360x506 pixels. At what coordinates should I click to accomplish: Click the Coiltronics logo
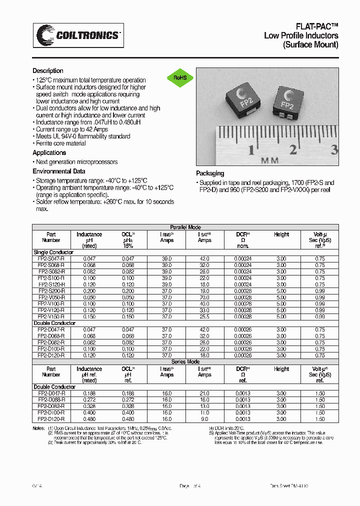tap(78, 35)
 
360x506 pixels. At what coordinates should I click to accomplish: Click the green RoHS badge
tap(180, 77)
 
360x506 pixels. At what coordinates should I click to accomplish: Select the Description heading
tap(48, 71)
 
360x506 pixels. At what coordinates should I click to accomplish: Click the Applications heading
tap(49, 152)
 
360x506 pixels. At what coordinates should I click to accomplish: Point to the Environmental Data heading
tap(58, 171)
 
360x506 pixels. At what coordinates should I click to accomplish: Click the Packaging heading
tap(210, 173)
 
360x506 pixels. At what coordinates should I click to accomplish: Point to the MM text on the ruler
tap(269, 161)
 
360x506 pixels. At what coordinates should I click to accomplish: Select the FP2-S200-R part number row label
tap(51, 290)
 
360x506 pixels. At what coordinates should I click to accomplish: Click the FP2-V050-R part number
tap(51, 297)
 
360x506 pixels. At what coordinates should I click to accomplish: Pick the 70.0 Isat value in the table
tap(204, 297)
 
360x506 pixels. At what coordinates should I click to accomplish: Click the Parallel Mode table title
tap(185, 227)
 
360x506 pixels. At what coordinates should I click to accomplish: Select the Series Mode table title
tap(185, 361)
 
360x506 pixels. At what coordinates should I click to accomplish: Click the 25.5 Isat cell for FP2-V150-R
tap(204, 316)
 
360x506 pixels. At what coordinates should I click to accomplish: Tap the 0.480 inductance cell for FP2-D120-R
tap(89, 419)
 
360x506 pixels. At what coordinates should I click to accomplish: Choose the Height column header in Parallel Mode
tap(281, 234)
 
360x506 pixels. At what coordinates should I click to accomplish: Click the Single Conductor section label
tap(53, 252)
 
